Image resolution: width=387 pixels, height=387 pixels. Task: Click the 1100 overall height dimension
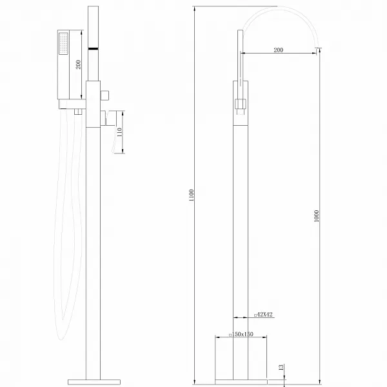(x=191, y=194)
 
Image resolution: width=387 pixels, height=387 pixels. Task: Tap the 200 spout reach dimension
(x=278, y=50)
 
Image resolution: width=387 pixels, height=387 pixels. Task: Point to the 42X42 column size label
(x=264, y=315)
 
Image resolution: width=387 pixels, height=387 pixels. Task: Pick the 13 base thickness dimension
(x=281, y=367)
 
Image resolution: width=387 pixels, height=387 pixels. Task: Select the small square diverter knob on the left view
(x=105, y=96)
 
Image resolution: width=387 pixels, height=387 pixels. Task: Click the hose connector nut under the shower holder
(x=76, y=112)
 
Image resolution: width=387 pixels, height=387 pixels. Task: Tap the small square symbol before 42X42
(x=255, y=315)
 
